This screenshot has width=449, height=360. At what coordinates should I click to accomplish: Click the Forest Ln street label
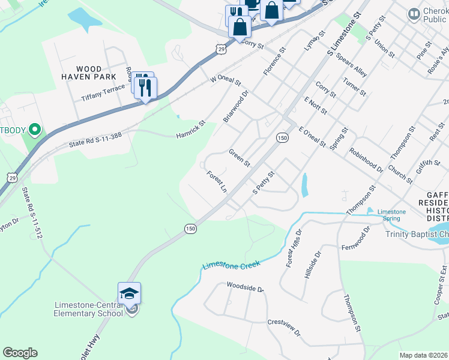(216, 181)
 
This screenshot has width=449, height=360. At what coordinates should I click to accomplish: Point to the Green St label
(239, 158)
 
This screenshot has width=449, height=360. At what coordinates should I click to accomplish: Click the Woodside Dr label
(245, 288)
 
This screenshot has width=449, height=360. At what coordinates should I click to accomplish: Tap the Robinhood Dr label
(366, 160)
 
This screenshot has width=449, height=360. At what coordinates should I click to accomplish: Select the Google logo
(20, 353)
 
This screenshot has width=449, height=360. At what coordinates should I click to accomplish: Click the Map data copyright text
(423, 355)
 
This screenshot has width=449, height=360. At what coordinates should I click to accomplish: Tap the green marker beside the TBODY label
(35, 129)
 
